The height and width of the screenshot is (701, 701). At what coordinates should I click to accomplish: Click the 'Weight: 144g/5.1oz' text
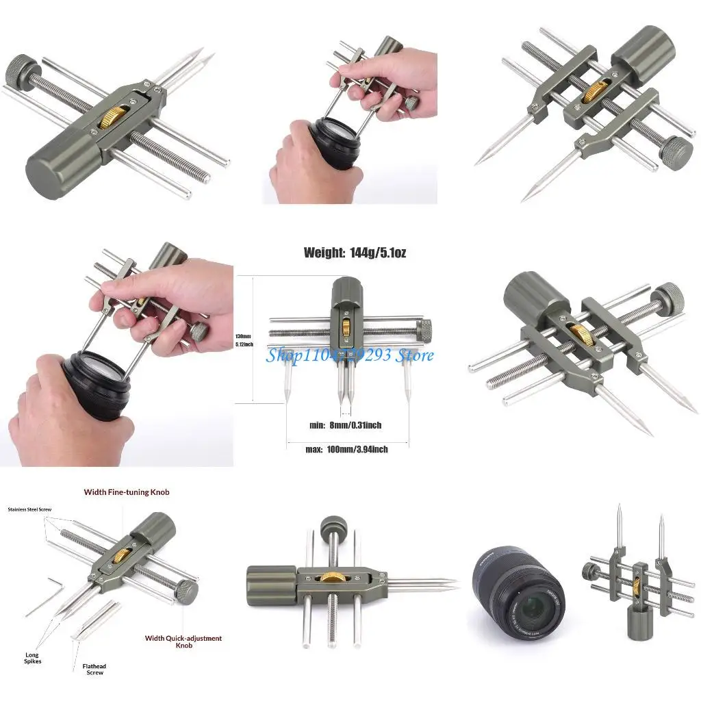pos(355,253)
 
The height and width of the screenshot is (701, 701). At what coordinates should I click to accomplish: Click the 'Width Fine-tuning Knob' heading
pos(127,492)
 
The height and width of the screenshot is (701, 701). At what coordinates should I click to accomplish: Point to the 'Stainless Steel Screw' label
pos(29,510)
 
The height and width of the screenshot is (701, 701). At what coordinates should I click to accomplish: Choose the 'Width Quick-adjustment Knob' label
pos(183,641)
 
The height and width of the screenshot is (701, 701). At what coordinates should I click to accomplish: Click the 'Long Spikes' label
pos(33,658)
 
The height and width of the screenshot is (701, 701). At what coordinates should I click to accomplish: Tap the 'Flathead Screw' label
pos(95,669)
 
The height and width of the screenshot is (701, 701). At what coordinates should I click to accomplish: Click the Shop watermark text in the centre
pos(350,355)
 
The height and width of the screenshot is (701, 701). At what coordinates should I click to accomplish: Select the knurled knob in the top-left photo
pos(18,70)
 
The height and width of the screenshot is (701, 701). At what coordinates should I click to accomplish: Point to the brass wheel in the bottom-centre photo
pos(333,579)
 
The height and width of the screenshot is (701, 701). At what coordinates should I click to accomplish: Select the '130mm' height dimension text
pos(242,337)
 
